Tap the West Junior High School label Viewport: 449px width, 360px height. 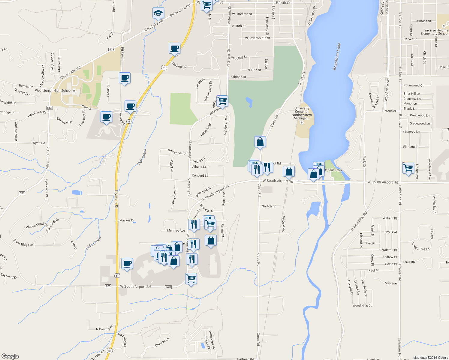(x=53, y=91)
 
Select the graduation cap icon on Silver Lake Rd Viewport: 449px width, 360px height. (x=158, y=13)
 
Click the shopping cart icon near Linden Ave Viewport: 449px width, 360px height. (x=408, y=168)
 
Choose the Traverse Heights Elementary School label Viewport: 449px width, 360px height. (x=435, y=32)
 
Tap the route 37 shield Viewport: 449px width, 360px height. (x=129, y=121)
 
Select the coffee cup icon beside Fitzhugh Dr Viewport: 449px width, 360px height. (x=174, y=48)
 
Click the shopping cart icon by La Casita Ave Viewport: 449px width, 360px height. (x=222, y=101)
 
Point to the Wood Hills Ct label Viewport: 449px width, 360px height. (x=362, y=305)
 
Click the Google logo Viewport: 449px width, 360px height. (x=10, y=356)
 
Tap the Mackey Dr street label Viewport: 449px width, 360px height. (x=127, y=220)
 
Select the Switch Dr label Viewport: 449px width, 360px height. (x=269, y=206)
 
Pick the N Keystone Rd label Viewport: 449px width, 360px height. (x=359, y=221)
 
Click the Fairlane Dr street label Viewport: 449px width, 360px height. (x=238, y=77)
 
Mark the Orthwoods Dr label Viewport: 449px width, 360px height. (x=177, y=152)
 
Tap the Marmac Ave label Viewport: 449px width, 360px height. (x=176, y=230)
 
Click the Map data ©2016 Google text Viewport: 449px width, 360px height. (x=430, y=357)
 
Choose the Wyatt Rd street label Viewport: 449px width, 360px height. (x=39, y=143)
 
